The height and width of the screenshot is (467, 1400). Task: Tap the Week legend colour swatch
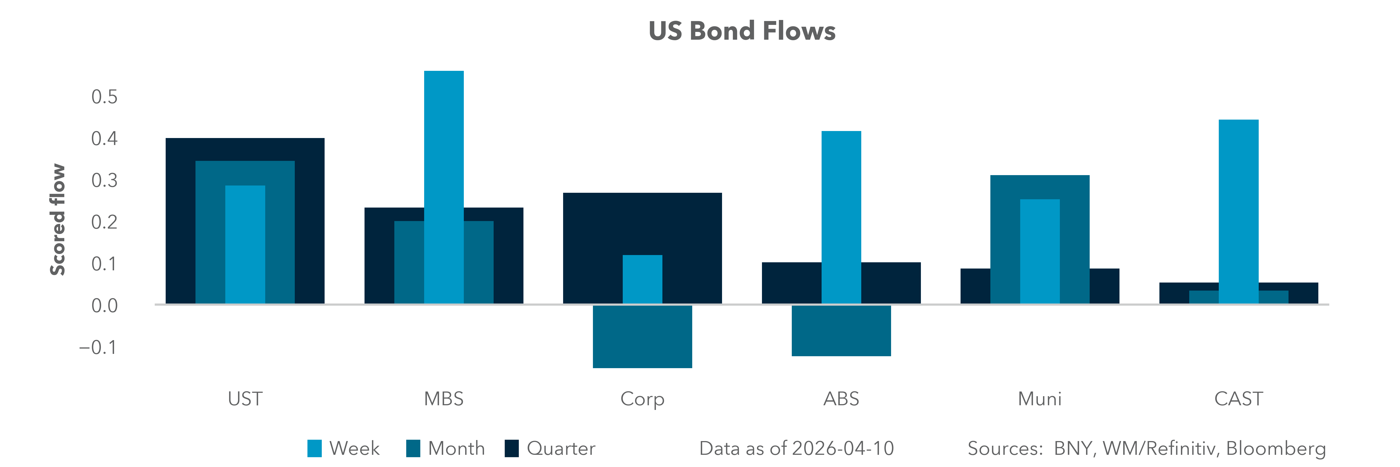314,449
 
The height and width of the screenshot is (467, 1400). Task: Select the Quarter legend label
561,449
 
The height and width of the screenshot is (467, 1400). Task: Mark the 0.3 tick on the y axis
104,181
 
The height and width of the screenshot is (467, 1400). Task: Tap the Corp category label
642,399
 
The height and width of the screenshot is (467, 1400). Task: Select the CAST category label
1238,399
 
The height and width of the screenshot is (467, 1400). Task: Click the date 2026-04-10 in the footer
842,449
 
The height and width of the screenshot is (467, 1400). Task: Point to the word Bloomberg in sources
1276,449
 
